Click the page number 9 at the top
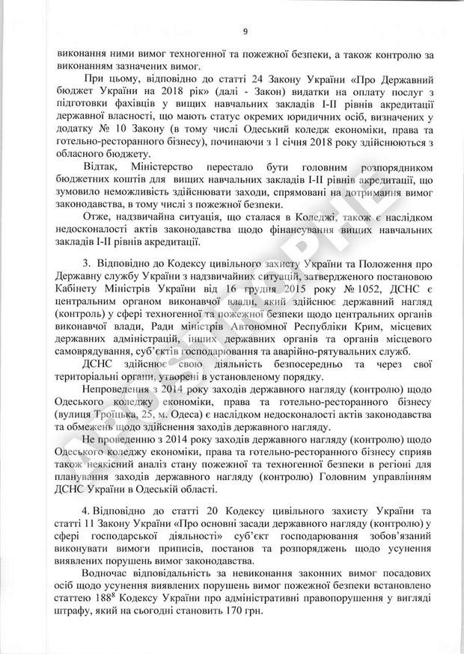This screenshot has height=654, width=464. point(244,31)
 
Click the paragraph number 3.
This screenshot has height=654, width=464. point(86,264)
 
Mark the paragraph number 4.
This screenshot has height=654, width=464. point(86,511)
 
